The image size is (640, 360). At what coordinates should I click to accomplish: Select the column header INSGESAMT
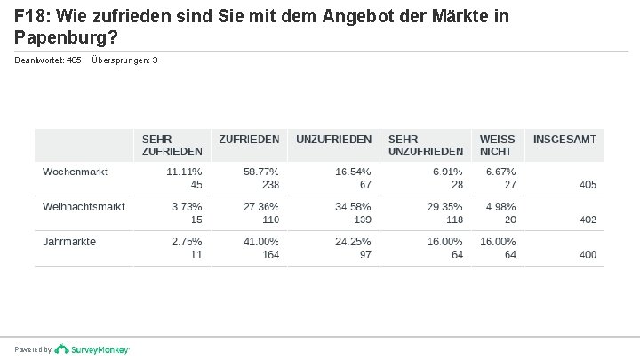click(564, 140)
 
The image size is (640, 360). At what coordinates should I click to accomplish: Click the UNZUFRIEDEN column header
click(333, 140)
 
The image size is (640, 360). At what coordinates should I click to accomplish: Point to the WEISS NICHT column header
click(497, 145)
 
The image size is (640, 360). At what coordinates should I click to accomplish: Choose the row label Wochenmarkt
click(75, 171)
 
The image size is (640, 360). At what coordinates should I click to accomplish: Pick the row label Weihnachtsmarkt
click(84, 206)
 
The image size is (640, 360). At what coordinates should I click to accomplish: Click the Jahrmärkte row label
click(69, 241)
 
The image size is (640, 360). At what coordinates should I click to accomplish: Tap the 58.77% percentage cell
click(261, 171)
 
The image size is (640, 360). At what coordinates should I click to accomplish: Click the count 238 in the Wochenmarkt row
click(270, 184)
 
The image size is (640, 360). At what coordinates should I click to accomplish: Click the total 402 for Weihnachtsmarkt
click(587, 220)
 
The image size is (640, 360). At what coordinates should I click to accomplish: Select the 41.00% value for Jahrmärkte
click(261, 241)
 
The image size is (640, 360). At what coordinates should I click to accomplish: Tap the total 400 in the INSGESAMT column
click(587, 254)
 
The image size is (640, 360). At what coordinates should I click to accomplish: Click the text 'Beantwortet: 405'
click(48, 60)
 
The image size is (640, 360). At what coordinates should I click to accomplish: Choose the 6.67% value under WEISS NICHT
click(500, 171)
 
